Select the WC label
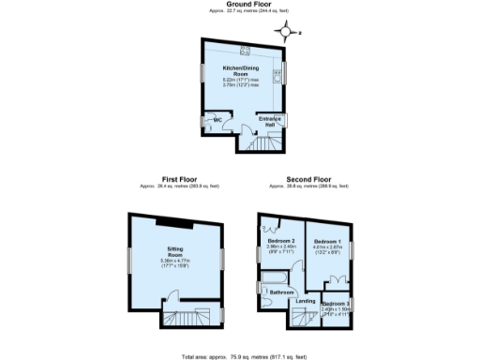(216, 120)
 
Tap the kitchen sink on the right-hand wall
(277, 72)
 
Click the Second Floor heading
(308, 178)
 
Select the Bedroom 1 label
(325, 242)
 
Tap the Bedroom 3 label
(335, 305)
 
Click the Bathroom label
(283, 292)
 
